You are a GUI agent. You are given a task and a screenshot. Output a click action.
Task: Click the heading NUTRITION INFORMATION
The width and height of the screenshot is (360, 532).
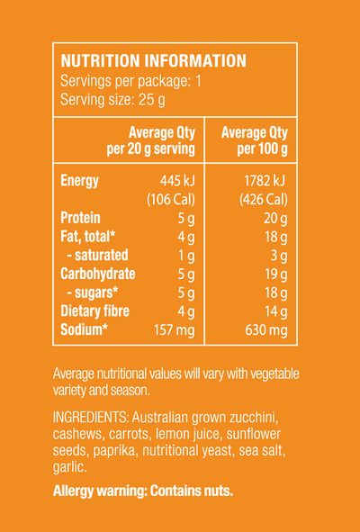[153, 61]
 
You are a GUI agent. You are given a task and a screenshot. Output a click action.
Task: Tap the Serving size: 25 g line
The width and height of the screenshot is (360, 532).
[112, 100]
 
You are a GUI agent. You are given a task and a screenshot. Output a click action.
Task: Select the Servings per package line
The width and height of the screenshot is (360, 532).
[130, 81]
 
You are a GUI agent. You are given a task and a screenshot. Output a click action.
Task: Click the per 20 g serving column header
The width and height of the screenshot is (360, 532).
[150, 140]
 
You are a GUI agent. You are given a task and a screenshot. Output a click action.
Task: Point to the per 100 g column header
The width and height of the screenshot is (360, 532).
[255, 140]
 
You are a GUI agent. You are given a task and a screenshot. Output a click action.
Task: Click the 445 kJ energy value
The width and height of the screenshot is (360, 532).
[177, 181]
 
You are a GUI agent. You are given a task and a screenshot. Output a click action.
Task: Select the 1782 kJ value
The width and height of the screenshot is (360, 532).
[265, 181]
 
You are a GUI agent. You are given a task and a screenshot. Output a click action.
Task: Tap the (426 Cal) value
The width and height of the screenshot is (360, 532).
[264, 200]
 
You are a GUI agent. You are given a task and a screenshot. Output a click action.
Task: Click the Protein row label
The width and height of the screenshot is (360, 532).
[80, 218]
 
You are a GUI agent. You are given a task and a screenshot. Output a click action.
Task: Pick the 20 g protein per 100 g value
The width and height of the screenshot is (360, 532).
[275, 219]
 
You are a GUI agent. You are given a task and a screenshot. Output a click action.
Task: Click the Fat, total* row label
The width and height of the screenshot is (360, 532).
[88, 237]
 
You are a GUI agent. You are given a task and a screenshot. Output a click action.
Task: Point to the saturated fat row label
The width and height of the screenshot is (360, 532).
[98, 255]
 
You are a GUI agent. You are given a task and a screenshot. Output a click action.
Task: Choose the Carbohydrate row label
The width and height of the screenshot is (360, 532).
[98, 274]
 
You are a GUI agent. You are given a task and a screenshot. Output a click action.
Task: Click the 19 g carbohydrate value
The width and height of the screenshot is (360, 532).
[276, 275]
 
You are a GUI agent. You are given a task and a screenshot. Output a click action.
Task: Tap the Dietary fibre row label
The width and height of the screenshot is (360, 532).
[95, 311]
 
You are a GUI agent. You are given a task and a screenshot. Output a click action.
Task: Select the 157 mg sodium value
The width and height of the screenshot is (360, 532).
[175, 330]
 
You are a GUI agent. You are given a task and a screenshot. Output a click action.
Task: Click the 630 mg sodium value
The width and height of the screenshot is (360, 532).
[266, 330]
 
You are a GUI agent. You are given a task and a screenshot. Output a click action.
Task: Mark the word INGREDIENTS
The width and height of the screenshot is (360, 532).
[91, 418]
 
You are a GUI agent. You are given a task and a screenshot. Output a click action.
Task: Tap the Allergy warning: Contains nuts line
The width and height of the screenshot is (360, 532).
[143, 491]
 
